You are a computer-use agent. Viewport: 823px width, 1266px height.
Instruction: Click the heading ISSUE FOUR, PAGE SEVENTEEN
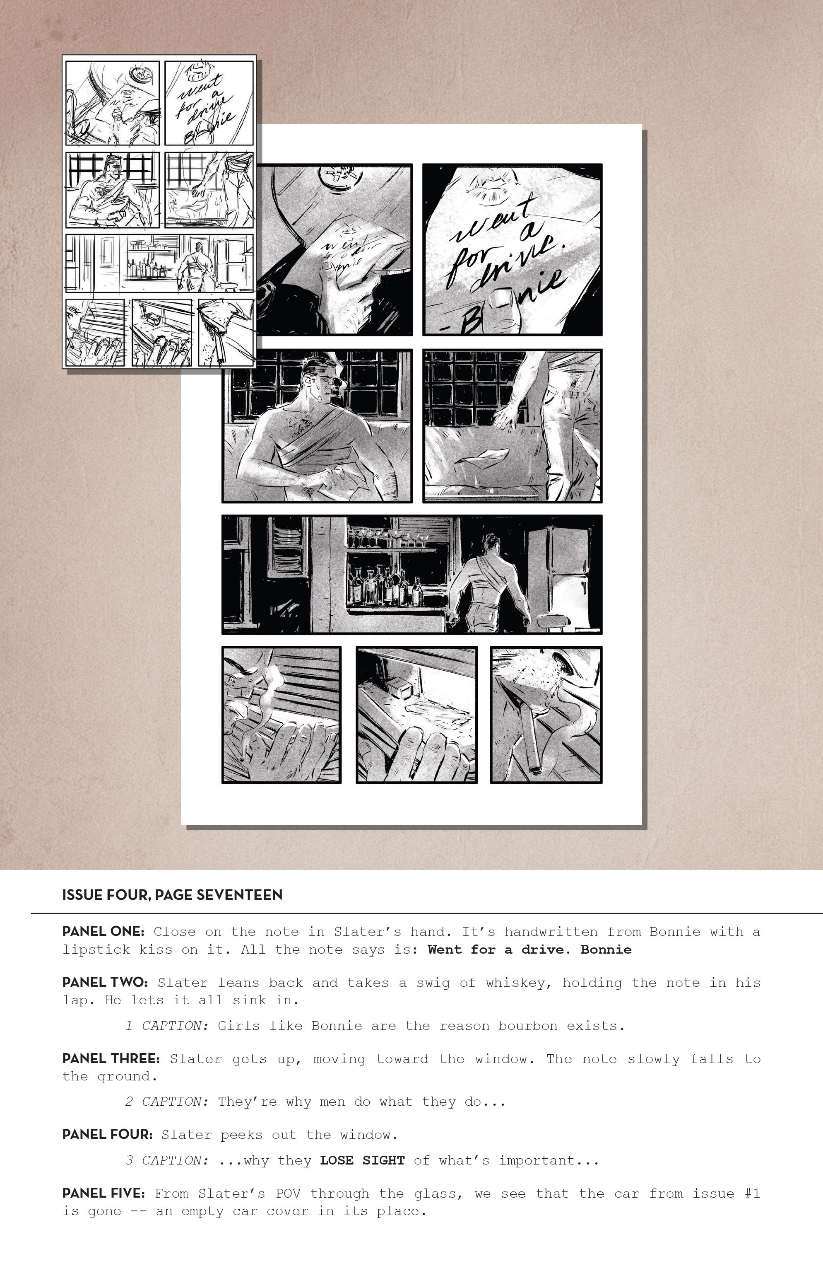coord(172,895)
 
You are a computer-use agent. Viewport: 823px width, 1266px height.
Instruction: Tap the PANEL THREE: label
coord(111,1058)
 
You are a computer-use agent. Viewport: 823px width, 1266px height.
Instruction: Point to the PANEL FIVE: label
coord(103,1193)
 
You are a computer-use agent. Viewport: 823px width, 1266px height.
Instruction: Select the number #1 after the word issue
coord(752,1193)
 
